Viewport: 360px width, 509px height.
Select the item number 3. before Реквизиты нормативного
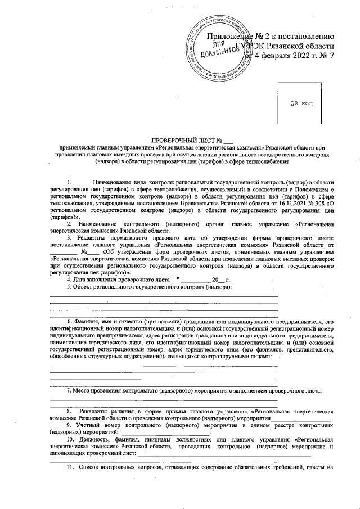pos(69,239)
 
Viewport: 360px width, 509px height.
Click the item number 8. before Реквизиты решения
pos(69,411)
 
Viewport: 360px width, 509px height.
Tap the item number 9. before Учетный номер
pos(69,426)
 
